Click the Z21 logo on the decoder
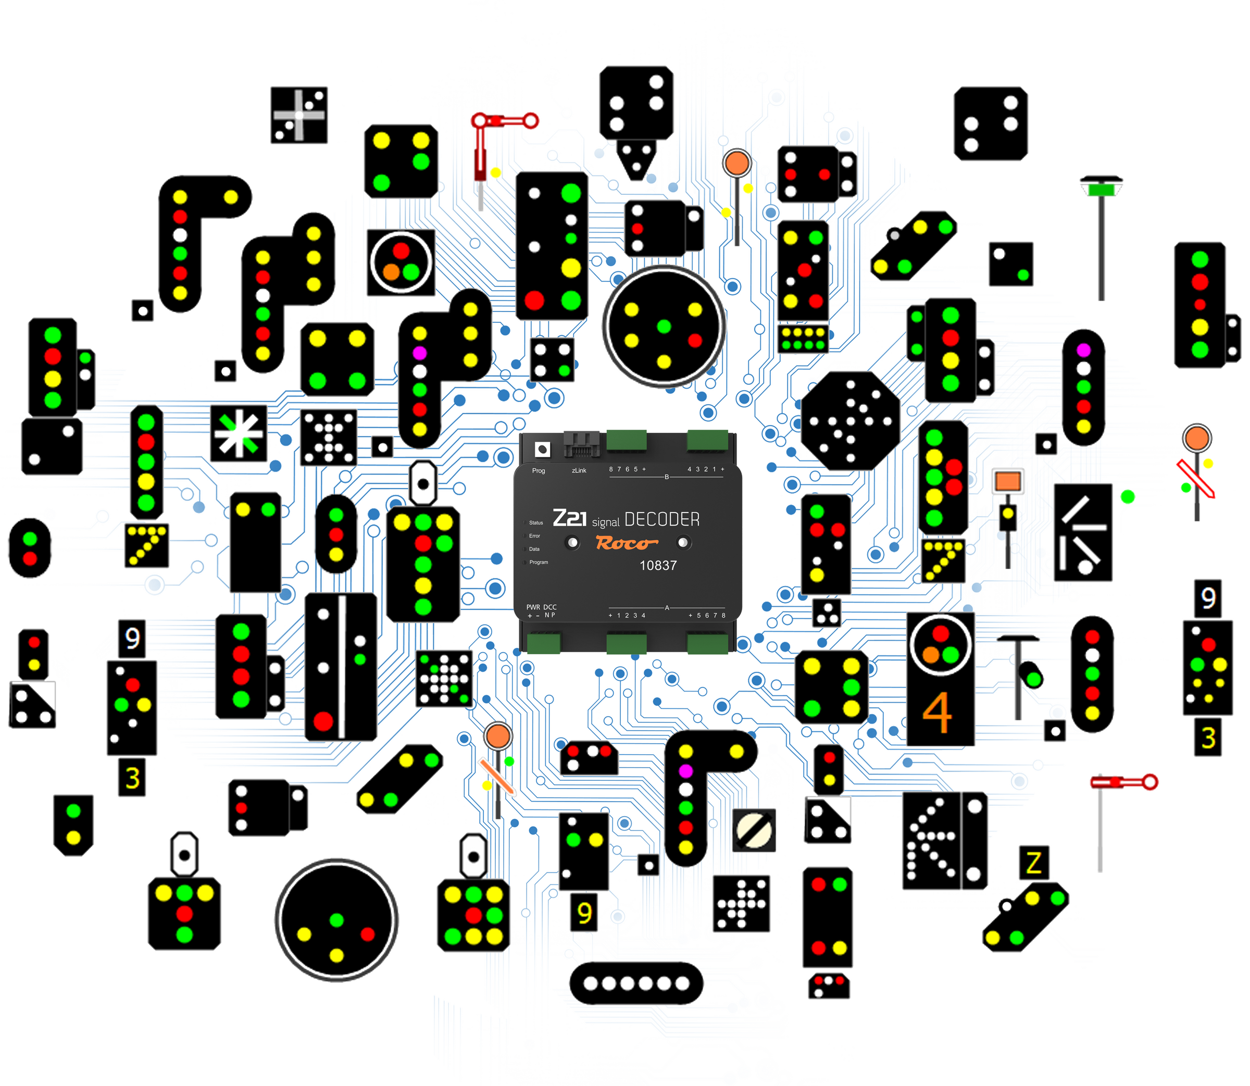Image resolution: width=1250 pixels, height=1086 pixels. pos(570,518)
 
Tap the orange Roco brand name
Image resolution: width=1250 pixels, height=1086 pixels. pos(627,542)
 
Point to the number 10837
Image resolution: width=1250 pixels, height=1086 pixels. pos(658,566)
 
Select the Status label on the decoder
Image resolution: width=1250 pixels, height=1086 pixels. pos(535,522)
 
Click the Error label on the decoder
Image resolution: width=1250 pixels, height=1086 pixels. pos(534,536)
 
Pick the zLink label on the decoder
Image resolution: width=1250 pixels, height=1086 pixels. pos(579,470)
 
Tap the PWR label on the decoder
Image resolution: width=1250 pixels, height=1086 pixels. pos(533,607)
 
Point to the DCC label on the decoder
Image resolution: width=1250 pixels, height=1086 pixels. pos(549,607)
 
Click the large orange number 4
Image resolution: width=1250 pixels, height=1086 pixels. pos(937,713)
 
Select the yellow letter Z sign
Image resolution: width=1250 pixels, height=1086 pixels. pos(1034,863)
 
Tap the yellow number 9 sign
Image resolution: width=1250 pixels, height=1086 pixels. pos(584,913)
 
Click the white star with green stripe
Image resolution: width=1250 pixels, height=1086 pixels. pos(239,434)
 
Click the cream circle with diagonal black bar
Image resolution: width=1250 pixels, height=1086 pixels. pos(753,830)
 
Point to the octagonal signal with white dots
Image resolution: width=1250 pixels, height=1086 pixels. pos(849,420)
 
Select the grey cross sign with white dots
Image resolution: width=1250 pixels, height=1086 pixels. pos(299,115)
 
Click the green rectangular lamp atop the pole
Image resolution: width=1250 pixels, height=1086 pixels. pos(1101,190)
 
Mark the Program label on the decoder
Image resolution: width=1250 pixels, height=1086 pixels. pos(538,563)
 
